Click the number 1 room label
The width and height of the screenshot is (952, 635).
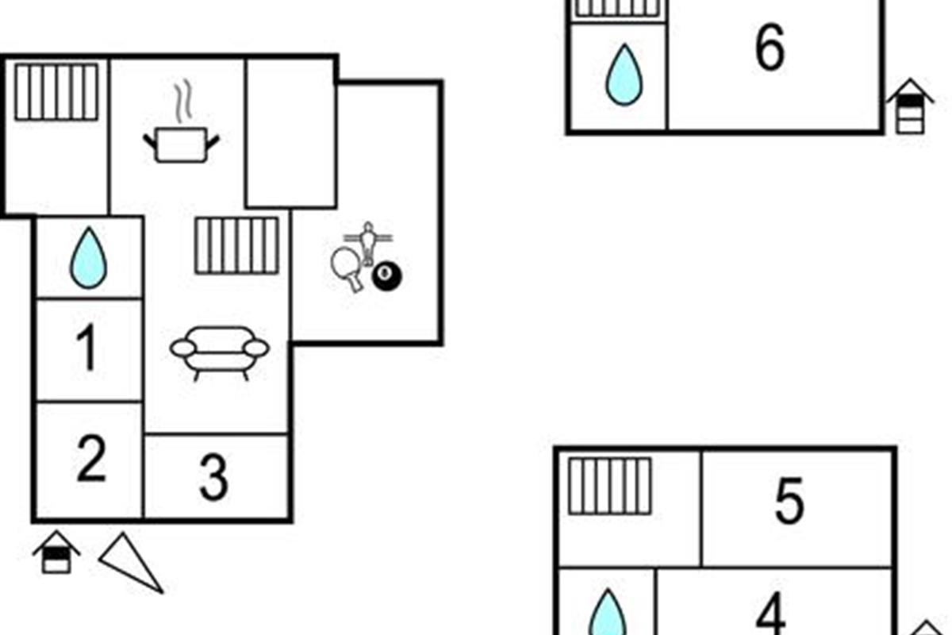click(86, 347)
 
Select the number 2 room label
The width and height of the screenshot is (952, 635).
click(91, 459)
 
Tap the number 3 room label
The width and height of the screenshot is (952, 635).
click(213, 477)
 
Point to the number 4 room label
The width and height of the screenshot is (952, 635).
click(770, 613)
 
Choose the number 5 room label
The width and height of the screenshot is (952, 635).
click(789, 500)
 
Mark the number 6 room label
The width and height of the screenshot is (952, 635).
click(770, 47)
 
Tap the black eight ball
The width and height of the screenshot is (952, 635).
click(387, 277)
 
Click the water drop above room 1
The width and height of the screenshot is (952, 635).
click(88, 258)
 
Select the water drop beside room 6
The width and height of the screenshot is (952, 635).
click(624, 75)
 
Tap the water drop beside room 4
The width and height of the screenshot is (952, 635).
click(608, 613)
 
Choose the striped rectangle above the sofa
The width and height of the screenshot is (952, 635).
click(236, 245)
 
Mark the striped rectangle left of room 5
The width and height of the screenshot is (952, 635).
click(610, 486)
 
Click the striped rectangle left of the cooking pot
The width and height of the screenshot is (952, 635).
click(56, 92)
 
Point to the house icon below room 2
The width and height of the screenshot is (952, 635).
click(56, 552)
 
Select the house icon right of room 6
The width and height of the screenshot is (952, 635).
click(910, 106)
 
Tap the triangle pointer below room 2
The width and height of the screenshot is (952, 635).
click(132, 563)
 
